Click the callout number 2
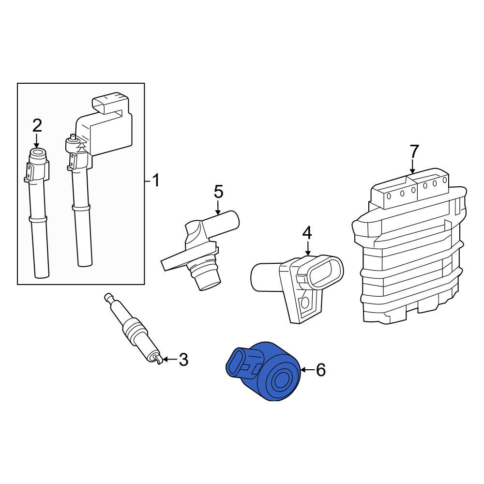pyautogui.click(x=37, y=126)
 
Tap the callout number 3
pyautogui.click(x=183, y=360)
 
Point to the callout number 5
pyautogui.click(x=218, y=192)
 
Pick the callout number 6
pyautogui.click(x=321, y=370)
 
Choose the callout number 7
pyautogui.click(x=414, y=151)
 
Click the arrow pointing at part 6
pyautogui.click(x=307, y=370)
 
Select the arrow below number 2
pyautogui.click(x=37, y=141)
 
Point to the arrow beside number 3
pyautogui.click(x=170, y=359)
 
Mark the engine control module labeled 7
pyautogui.click(x=409, y=246)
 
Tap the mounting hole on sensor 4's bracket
pyautogui.click(x=305, y=302)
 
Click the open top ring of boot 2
pyautogui.click(x=38, y=152)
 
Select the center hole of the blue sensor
pyautogui.click(x=281, y=379)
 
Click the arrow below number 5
pyautogui.click(x=218, y=208)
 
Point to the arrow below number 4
pyautogui.click(x=308, y=248)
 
